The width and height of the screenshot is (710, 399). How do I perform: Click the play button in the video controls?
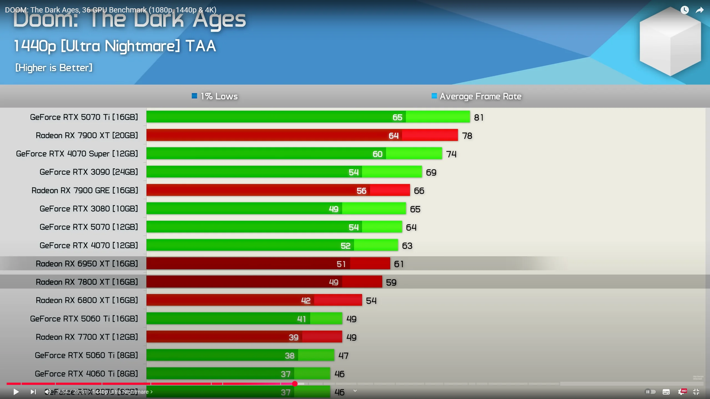click(x=16, y=392)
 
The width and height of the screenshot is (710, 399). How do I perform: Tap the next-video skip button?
click(x=33, y=392)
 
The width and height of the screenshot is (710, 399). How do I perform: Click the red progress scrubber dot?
click(x=295, y=383)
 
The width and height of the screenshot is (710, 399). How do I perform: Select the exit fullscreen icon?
click(x=696, y=392)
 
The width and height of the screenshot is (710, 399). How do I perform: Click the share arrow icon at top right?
click(x=699, y=10)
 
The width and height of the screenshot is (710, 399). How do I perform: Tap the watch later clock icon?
click(x=684, y=10)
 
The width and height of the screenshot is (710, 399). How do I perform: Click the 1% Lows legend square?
click(x=194, y=96)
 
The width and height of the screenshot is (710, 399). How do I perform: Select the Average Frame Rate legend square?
click(x=434, y=96)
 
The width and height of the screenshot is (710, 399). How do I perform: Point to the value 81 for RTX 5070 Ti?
click(x=479, y=118)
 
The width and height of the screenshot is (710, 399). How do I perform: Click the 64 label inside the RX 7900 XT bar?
click(x=393, y=136)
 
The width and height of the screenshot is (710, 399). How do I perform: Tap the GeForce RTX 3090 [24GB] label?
click(x=89, y=172)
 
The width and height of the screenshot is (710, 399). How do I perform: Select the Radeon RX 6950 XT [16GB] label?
click(x=87, y=264)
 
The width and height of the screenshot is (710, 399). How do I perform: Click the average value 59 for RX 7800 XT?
click(x=391, y=283)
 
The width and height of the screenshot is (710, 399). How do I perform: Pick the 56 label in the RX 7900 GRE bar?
click(x=361, y=191)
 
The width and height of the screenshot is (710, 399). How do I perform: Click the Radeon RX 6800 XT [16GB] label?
click(x=87, y=300)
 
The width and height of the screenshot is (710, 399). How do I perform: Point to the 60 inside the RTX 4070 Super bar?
click(x=377, y=154)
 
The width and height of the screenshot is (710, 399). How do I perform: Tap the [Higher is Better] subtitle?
click(x=54, y=68)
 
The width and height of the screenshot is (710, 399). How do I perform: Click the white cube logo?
click(x=670, y=42)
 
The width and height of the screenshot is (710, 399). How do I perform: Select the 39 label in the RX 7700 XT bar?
click(x=293, y=337)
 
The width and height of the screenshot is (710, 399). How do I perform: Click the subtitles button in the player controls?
click(x=666, y=392)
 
